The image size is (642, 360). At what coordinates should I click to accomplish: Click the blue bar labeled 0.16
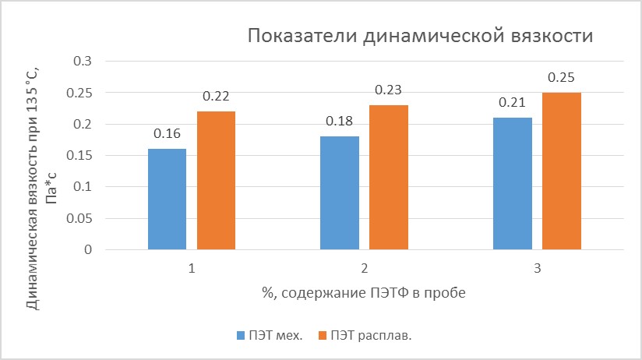[x=167, y=199]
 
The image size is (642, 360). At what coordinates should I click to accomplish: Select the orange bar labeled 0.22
[x=216, y=181]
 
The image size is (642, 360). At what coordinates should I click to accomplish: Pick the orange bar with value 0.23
[x=389, y=178]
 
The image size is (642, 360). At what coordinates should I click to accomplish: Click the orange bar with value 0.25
[x=561, y=171]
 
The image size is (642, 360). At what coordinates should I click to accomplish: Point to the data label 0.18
[x=340, y=122]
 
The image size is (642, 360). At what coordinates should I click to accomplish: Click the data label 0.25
[x=561, y=78]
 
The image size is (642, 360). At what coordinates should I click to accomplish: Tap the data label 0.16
[x=167, y=134]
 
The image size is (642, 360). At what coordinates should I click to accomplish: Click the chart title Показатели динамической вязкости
[x=421, y=37]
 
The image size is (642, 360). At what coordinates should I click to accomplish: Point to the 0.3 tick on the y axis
[x=82, y=62]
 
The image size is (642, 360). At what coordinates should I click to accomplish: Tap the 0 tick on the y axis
[x=87, y=250]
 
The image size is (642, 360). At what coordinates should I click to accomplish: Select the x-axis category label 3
[x=537, y=269]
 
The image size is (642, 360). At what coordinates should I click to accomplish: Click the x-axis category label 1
[x=191, y=269]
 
